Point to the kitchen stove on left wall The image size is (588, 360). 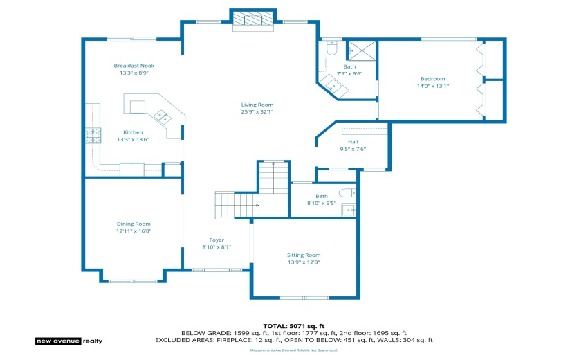92,136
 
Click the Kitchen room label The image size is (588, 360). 134,132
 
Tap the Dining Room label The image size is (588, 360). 134,224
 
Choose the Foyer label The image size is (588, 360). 217,240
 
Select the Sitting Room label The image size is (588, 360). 304,255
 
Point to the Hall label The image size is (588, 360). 353,142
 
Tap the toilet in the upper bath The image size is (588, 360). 331,48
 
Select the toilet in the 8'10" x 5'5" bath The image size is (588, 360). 347,193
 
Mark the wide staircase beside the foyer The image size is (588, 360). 236,205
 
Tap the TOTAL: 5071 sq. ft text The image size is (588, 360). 293,325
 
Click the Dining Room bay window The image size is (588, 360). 132,280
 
